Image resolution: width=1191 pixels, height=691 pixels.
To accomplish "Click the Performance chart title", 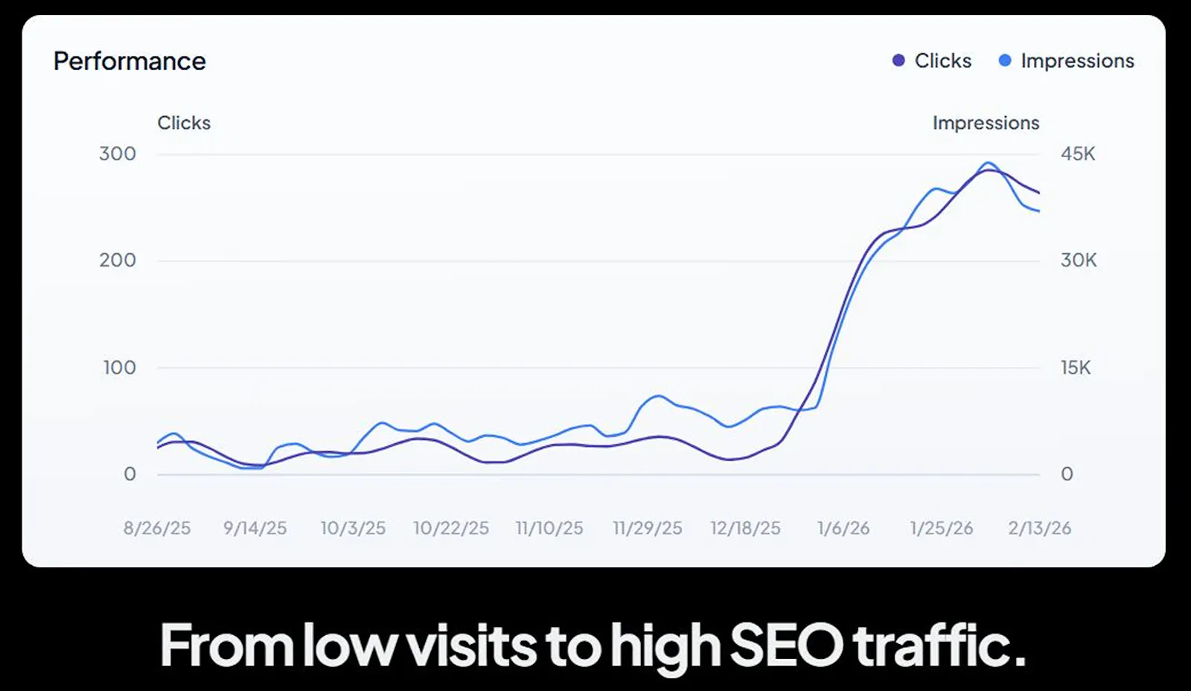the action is click(130, 61).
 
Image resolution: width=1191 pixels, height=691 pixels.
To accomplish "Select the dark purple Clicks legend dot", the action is click(898, 60).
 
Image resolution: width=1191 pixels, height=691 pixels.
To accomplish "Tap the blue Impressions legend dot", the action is click(1005, 60).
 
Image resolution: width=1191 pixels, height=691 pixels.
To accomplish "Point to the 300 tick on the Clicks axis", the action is click(118, 153).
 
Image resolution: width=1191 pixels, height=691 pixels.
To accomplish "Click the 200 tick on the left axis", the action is click(118, 260).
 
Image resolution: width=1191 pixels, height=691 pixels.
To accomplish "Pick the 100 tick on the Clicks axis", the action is click(120, 367).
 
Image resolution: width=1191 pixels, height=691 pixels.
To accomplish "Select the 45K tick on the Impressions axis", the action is click(1078, 153).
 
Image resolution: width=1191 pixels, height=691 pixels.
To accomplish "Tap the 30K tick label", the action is click(1079, 260).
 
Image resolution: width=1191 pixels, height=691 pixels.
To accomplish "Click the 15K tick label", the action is click(1076, 367).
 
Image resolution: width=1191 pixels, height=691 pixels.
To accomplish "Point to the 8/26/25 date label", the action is click(157, 528).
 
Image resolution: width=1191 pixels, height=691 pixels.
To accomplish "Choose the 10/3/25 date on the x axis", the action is click(353, 528).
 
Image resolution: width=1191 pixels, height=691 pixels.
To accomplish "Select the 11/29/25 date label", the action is click(648, 528).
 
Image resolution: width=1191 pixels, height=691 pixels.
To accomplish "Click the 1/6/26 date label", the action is click(843, 528).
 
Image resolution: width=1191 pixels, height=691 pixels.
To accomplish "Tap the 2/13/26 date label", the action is click(1039, 528).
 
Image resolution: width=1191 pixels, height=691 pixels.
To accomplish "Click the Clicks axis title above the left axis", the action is click(184, 123).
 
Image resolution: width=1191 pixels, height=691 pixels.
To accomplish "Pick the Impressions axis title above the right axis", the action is click(986, 123).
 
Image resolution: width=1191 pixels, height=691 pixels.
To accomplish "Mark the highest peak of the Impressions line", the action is click(988, 163).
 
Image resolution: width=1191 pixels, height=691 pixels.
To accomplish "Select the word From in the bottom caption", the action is click(227, 645).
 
